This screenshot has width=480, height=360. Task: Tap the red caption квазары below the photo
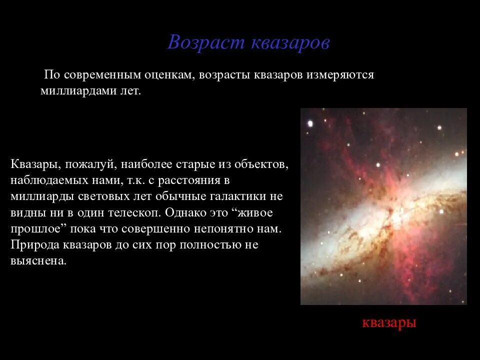389,322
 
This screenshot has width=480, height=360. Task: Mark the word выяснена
38,261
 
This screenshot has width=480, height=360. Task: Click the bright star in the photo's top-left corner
310,123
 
